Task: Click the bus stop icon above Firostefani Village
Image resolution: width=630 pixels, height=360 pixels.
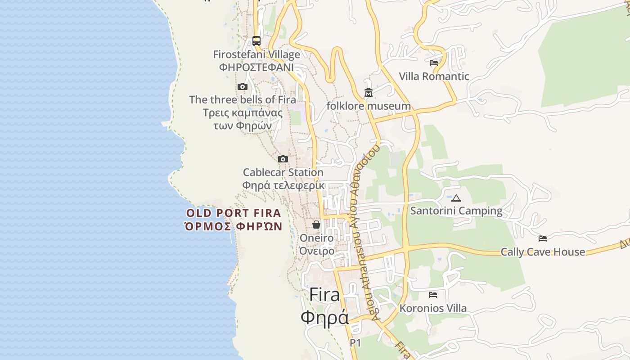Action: tap(256, 41)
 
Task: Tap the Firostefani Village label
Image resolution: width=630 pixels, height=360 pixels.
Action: tap(256, 55)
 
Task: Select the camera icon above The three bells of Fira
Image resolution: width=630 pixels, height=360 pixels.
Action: tap(243, 86)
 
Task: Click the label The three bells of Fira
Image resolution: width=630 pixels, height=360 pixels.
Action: tap(243, 99)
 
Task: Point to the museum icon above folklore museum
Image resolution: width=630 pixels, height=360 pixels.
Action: tap(369, 93)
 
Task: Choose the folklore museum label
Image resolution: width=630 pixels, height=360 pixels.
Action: tap(369, 106)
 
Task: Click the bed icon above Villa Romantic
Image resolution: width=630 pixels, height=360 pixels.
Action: tap(434, 63)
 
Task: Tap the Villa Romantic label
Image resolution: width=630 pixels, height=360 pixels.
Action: tap(434, 76)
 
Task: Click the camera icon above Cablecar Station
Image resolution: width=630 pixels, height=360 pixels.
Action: tap(283, 159)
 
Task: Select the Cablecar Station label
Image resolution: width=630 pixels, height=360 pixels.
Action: tap(283, 172)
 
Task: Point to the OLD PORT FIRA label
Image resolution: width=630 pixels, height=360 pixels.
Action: tap(234, 213)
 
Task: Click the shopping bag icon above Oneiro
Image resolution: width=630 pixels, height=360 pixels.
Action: tap(316, 224)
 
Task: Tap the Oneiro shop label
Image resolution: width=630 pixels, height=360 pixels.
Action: tap(317, 238)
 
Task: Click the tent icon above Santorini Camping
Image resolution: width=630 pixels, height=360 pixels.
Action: tap(456, 198)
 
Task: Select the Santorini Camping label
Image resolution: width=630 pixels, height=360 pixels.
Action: tap(456, 211)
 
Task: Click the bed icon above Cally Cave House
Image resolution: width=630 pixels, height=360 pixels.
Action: tap(543, 238)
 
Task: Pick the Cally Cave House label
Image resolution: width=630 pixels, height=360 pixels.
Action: tap(543, 252)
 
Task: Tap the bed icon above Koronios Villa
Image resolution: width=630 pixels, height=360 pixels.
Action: tap(433, 295)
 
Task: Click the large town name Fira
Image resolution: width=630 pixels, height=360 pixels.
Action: tap(324, 295)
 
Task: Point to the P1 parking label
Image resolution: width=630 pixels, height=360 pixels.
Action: tap(355, 343)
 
